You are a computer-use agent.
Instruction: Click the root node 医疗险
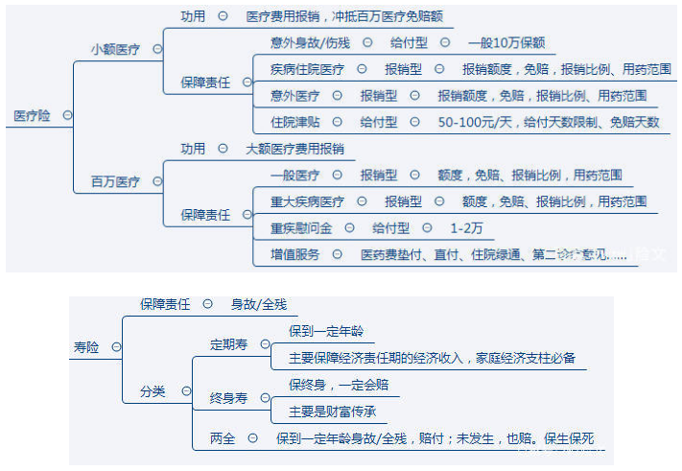click(x=32, y=115)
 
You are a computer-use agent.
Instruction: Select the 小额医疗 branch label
click(x=115, y=49)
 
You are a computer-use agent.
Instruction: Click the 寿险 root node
click(x=86, y=347)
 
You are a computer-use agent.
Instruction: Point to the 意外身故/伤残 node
click(x=312, y=43)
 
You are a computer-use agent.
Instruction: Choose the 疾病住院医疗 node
click(x=307, y=69)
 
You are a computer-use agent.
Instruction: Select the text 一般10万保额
click(x=506, y=43)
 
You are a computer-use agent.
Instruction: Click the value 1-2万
click(x=466, y=227)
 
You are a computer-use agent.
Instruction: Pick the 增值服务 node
click(x=294, y=254)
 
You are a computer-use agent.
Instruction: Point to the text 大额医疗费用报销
click(x=294, y=149)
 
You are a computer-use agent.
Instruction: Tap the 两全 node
click(x=223, y=438)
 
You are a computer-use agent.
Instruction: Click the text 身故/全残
click(x=258, y=304)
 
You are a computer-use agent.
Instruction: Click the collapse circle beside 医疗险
click(x=67, y=115)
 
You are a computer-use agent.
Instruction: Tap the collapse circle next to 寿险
click(x=116, y=347)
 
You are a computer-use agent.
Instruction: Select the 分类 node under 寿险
click(x=153, y=391)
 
